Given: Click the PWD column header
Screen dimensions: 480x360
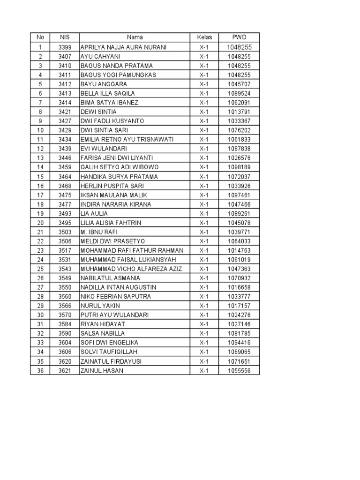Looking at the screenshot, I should coord(239,37).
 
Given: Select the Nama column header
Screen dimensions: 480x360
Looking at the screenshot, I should coord(135,37).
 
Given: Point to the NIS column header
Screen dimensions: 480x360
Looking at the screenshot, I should coord(65,37).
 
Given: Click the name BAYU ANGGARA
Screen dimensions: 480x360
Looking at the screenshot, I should coord(104,84).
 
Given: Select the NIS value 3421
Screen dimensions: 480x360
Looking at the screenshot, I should coord(65,112).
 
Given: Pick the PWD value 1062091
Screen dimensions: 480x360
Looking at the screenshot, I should coord(239,103).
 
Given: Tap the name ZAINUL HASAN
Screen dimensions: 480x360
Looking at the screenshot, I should coord(103,370).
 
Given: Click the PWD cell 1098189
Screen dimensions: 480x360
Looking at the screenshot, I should coord(239,167).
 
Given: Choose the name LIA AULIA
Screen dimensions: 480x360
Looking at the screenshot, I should coord(94,213).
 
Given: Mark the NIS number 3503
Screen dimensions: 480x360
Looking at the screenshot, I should coord(65,232).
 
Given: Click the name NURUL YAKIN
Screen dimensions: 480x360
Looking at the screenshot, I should coord(100,306).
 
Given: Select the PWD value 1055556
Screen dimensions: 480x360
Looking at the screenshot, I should coord(239,370).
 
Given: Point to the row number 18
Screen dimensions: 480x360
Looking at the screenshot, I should coord(40,204).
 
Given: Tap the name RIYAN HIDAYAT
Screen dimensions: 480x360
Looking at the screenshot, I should coord(104,324).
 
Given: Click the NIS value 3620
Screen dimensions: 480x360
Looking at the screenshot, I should coord(65,361).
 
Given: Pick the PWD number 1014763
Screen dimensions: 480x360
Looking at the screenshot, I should coord(239,250).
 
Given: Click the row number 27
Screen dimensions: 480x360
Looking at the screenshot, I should coord(40,287).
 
